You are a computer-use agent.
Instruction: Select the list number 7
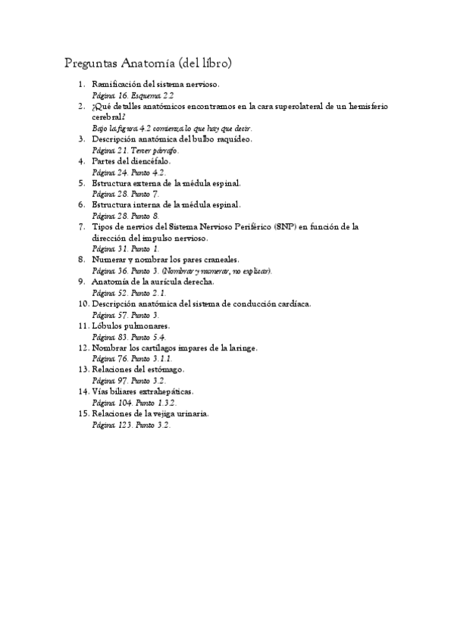(x=82, y=226)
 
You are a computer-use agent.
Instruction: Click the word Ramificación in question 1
(x=117, y=86)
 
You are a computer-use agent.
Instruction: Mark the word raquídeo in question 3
(x=231, y=139)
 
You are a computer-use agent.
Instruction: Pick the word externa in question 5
(x=152, y=183)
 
